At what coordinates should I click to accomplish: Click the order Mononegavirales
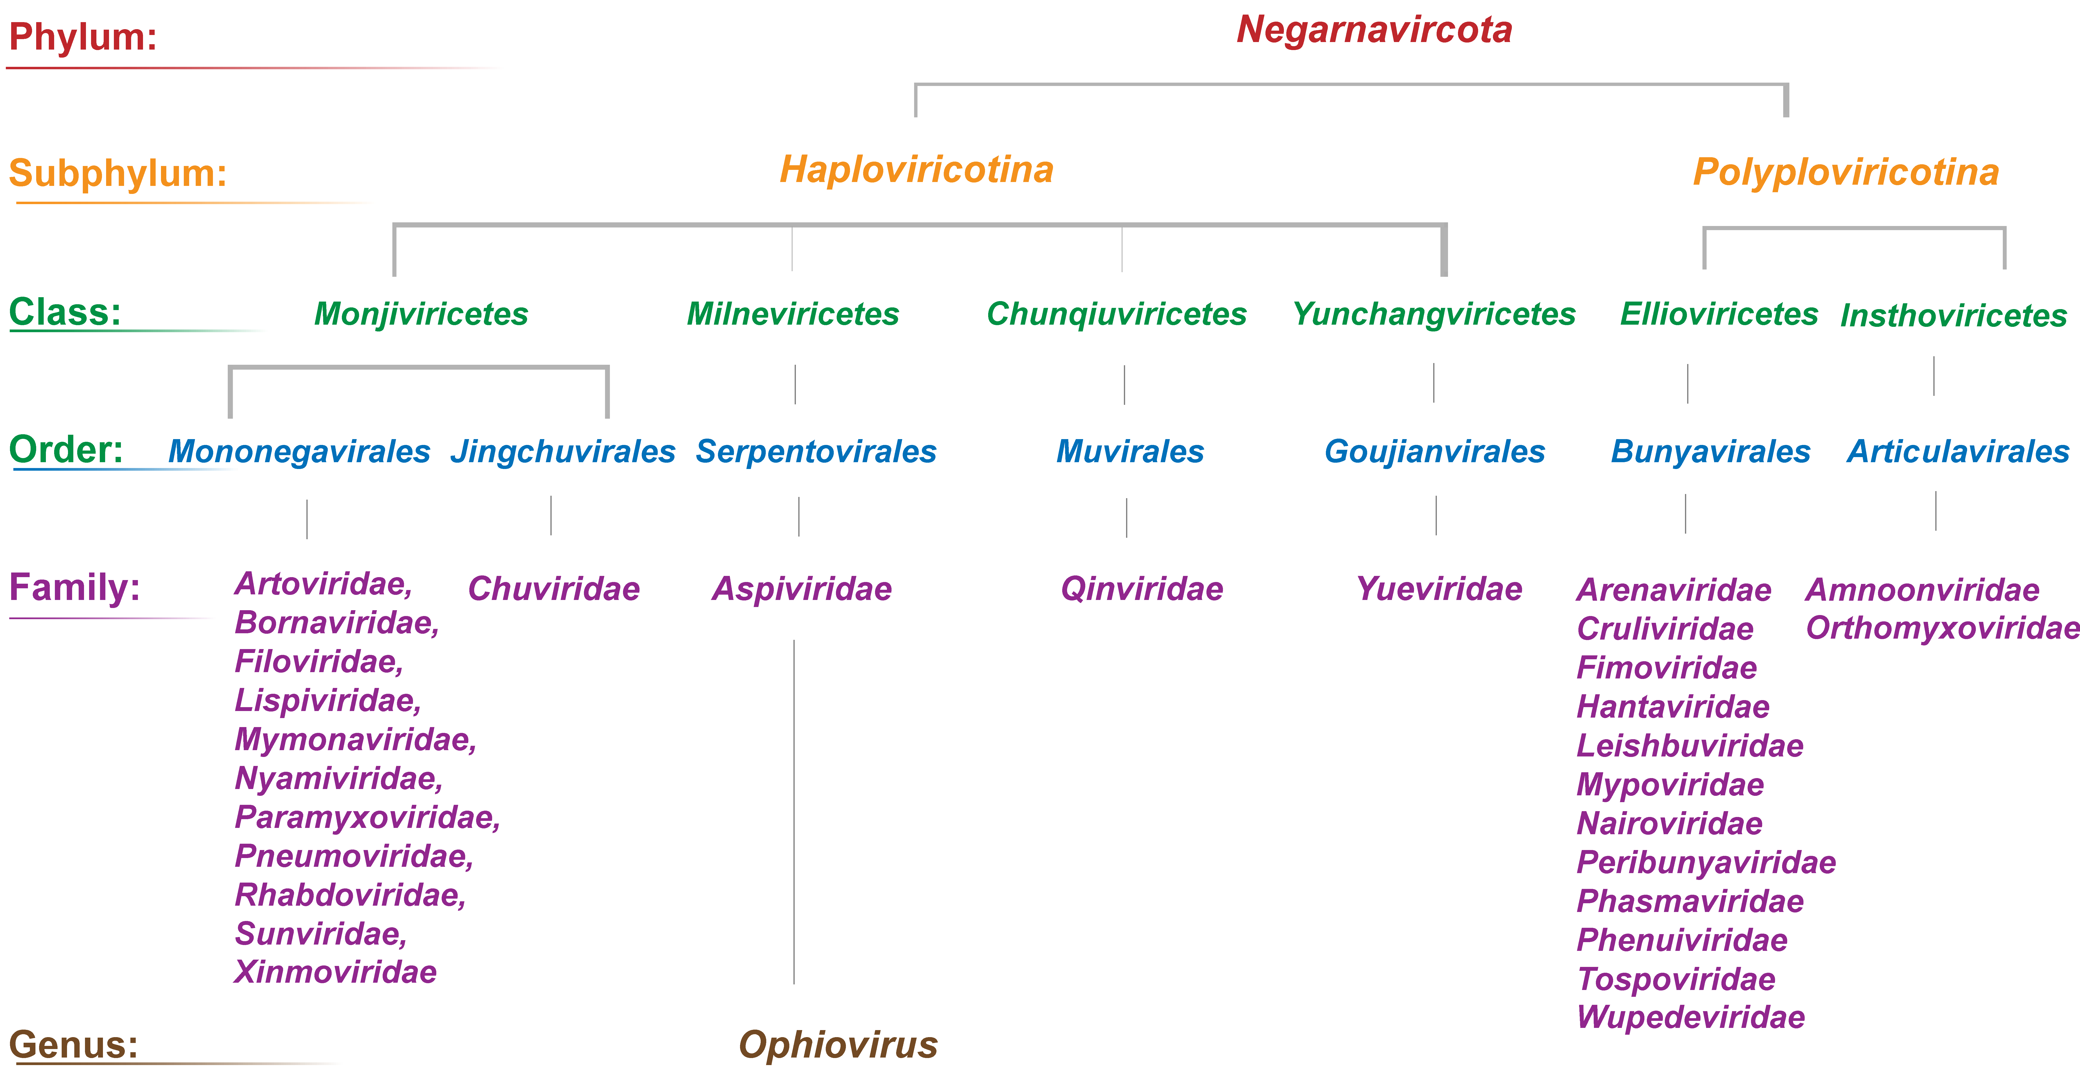[x=299, y=451]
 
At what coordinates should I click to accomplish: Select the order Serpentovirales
[x=816, y=451]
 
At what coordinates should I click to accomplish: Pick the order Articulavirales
[x=1958, y=451]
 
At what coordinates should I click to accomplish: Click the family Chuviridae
[x=554, y=589]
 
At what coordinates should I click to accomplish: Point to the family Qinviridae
[x=1142, y=589]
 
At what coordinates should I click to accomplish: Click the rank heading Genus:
[x=74, y=1045]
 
